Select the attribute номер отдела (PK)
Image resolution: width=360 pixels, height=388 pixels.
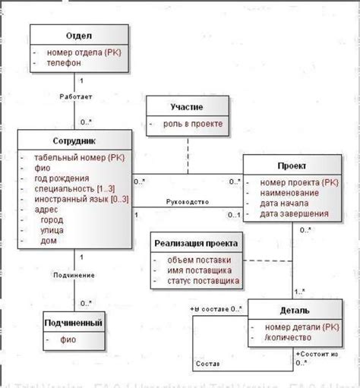(x=81, y=52)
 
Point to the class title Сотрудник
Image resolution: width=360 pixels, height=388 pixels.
(x=74, y=140)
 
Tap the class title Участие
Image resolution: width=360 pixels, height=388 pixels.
(x=187, y=107)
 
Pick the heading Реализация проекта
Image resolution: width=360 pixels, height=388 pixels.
(x=197, y=244)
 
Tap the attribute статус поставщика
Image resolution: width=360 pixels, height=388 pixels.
(x=201, y=282)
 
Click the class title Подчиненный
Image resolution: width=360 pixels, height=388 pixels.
(x=74, y=323)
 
